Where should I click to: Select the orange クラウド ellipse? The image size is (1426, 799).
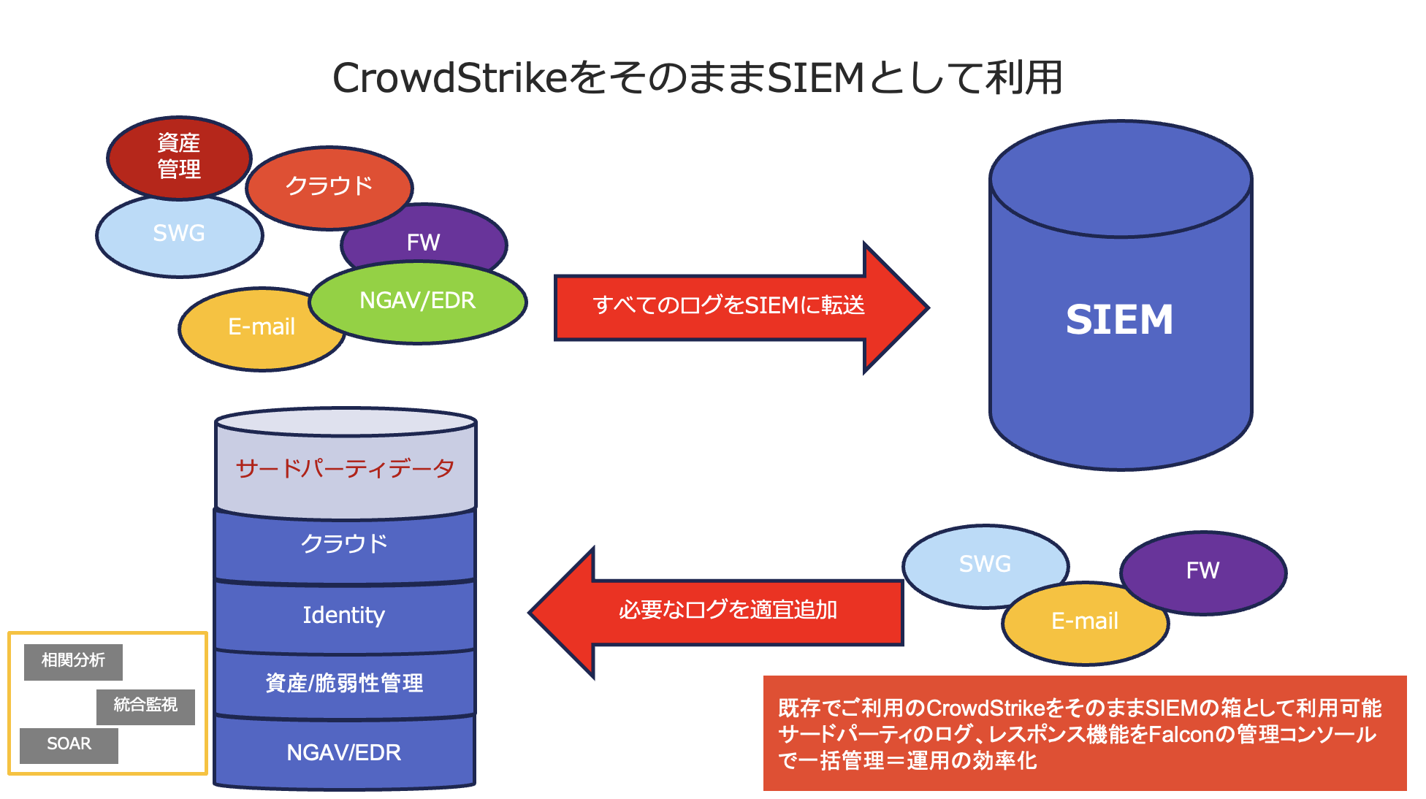(x=329, y=187)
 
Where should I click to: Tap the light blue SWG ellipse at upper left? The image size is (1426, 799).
(x=179, y=235)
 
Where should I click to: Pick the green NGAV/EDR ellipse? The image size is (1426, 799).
(x=418, y=302)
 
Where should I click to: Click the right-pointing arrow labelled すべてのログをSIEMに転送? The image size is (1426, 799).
(x=741, y=307)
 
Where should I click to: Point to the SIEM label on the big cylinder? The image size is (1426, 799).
(x=1119, y=319)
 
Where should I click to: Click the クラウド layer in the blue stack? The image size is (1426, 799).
(x=345, y=545)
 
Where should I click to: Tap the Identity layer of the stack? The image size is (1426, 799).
(x=344, y=616)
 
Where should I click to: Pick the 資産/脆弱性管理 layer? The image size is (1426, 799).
(x=344, y=684)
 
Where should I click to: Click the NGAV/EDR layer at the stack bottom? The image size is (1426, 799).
(x=344, y=752)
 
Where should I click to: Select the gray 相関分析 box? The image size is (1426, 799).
(x=73, y=662)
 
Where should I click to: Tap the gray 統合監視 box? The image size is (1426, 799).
(x=145, y=706)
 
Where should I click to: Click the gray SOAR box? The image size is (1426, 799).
(x=69, y=745)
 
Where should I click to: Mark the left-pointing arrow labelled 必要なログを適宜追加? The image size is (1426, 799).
(x=716, y=612)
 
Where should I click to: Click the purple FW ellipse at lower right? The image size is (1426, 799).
(x=1203, y=573)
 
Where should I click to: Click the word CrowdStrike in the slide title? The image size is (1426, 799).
(x=450, y=78)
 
